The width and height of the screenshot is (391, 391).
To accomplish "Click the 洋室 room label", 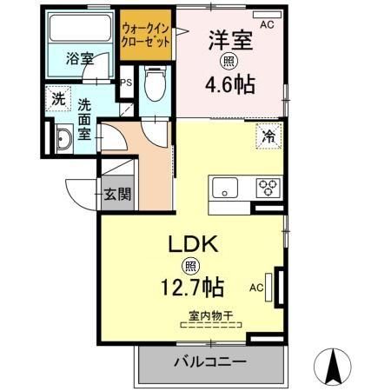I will coord(229,41).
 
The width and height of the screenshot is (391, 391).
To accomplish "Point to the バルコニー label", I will coord(209,361).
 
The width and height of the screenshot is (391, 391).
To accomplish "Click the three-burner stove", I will coord(267,185).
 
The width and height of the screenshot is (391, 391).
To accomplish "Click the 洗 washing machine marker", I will coord(57,98).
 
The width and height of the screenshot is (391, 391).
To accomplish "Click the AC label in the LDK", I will coord(257,287).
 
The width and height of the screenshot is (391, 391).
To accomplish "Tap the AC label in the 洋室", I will coord(266,25).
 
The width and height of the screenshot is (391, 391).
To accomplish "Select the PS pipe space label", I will coord(126,83).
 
